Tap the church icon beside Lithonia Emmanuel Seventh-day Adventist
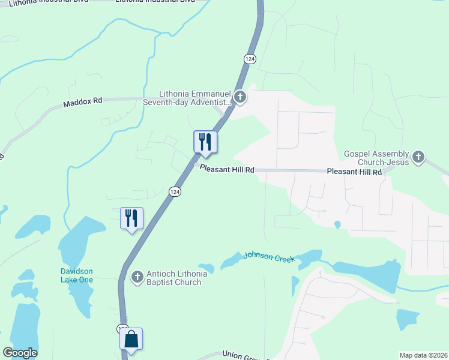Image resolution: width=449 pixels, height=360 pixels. coord(240,97)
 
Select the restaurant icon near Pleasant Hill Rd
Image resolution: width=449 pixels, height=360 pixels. coord(205,142)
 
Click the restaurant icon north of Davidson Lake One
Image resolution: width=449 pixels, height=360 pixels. coord(131,218)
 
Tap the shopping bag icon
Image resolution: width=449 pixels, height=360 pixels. coord(131,340)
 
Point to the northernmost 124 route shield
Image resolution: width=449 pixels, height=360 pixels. coord(250,58)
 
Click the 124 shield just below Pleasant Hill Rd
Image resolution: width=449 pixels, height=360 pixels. coord(174,191)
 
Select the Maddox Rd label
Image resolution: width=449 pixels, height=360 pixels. coord(83,103)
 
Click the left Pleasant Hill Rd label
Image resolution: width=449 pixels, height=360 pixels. coord(227,170)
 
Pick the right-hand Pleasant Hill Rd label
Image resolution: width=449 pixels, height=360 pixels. coord(354,172)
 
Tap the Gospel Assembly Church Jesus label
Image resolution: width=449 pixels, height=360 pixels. coord(376,158)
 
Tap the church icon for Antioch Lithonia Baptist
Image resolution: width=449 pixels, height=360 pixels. coord(137,277)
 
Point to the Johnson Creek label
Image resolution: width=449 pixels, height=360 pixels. coord(269,257)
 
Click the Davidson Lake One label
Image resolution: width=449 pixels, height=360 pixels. coord(77,275)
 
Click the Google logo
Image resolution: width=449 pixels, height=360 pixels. coord(20,353)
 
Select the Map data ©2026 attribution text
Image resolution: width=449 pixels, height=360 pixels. coord(423,355)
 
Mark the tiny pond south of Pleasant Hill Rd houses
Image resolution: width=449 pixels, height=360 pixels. coord(337,225)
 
